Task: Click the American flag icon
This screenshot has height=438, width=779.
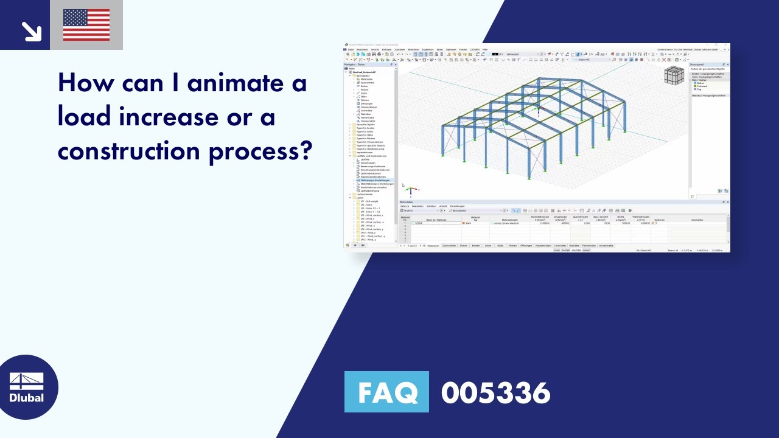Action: [86, 25]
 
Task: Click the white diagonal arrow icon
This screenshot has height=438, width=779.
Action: [30, 31]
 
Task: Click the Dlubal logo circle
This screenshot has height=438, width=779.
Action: [27, 387]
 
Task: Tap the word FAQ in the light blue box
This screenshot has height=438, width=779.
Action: [387, 392]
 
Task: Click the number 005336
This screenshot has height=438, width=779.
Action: [495, 392]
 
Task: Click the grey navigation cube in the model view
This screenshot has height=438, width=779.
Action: [674, 76]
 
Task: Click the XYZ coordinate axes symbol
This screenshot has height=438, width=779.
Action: [411, 192]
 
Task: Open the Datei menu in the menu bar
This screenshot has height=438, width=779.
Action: [351, 49]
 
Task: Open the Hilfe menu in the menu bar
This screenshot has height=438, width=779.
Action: [484, 49]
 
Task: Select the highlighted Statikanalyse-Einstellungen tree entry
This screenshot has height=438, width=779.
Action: [374, 180]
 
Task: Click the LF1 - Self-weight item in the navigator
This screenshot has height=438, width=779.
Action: [369, 201]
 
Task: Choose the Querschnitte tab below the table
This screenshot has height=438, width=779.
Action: [449, 246]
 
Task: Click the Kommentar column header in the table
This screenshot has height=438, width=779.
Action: [697, 220]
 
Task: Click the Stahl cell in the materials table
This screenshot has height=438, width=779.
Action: [469, 223]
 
